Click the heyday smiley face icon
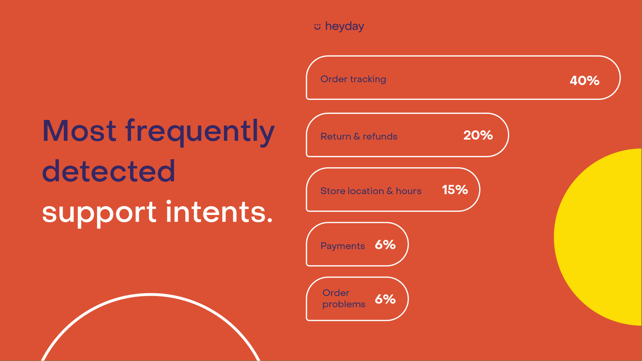tap(317, 26)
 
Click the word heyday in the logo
tap(345, 26)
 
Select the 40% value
tap(584, 81)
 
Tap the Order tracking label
tap(353, 79)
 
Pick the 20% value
tap(478, 135)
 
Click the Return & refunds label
tap(359, 136)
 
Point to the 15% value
tap(455, 190)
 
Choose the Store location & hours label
tap(371, 191)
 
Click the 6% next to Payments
tap(385, 245)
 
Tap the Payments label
tap(343, 246)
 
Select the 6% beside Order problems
tap(385, 299)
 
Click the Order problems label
tap(343, 298)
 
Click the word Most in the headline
tap(79, 131)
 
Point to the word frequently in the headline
tap(200, 132)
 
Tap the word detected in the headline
tap(109, 171)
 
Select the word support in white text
tap(99, 213)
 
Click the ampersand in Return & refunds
tap(357, 136)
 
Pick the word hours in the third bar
tap(408, 191)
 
